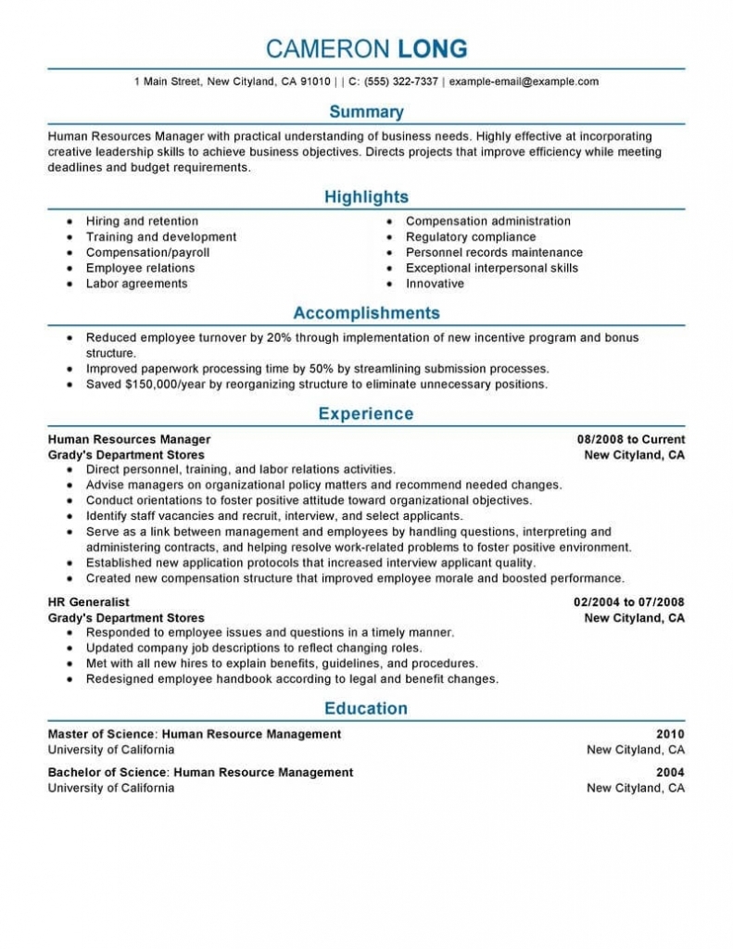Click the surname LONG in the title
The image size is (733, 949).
coord(432,48)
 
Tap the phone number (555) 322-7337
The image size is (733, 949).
coord(400,82)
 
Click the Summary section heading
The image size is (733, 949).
coord(366,112)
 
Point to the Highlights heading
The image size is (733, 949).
coord(366,197)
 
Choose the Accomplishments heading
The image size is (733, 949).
coord(366,313)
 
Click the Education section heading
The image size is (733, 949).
coord(366,709)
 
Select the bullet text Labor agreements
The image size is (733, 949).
coord(136,284)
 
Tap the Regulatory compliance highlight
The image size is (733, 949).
coord(470,237)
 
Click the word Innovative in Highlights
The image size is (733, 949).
coord(435,284)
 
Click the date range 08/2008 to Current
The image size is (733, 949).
coord(631,439)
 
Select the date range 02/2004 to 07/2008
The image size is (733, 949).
coord(629,602)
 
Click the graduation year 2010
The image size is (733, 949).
coord(670,734)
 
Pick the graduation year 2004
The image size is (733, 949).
coord(670,772)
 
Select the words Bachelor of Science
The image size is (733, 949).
coord(107,772)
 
